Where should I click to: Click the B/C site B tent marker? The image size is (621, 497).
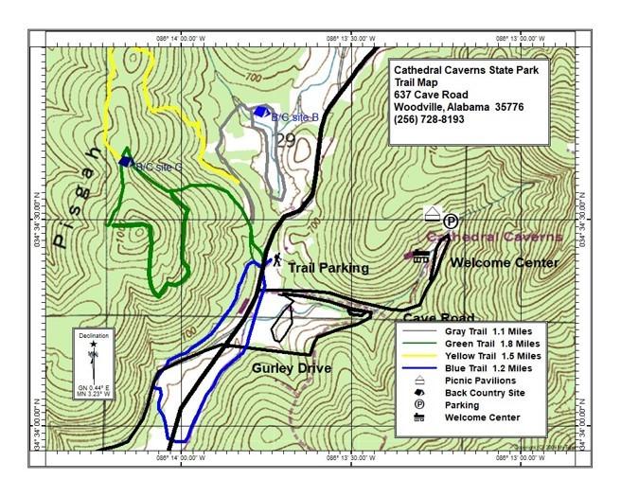[x=261, y=111]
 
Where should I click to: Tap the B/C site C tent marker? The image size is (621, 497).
[x=126, y=162]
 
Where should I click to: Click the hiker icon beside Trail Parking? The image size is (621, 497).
[x=277, y=258]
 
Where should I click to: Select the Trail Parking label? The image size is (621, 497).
[x=328, y=268]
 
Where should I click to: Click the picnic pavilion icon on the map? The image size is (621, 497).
[x=433, y=214]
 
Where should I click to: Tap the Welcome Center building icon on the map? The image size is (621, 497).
[x=420, y=255]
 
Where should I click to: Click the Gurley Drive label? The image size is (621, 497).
[x=292, y=368]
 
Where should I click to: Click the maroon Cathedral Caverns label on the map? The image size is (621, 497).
[x=496, y=237]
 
